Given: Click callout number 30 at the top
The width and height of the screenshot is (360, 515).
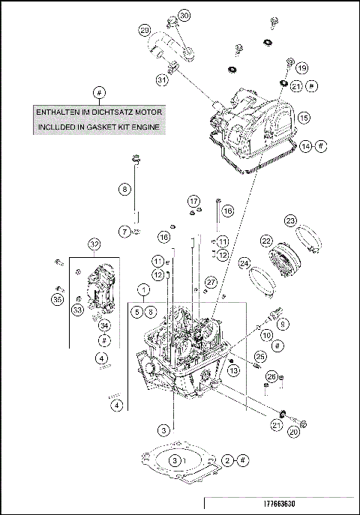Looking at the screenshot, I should click(x=184, y=16).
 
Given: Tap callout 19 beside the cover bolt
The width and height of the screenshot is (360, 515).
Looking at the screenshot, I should click(x=302, y=68).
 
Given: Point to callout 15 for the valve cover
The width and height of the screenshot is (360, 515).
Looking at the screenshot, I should click(x=304, y=118).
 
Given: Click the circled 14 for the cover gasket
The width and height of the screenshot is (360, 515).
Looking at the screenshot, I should click(x=304, y=146).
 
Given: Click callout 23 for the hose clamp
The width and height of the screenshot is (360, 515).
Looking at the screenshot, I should click(x=291, y=220).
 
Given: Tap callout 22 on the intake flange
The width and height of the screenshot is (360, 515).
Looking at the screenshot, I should click(x=265, y=241).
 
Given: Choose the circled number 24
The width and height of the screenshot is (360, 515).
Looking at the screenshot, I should click(x=244, y=263).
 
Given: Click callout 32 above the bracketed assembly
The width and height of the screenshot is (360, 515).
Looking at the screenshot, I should click(x=94, y=244).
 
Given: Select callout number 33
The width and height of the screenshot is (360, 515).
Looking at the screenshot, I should click(x=76, y=309).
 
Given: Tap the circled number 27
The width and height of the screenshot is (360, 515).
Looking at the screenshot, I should click(x=211, y=281).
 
